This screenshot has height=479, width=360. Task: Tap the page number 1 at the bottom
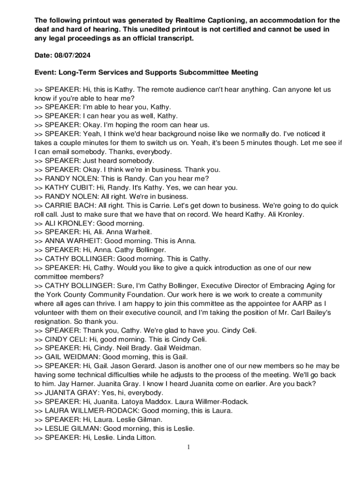click(x=188, y=448)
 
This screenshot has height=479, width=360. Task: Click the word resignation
click(x=51, y=321)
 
